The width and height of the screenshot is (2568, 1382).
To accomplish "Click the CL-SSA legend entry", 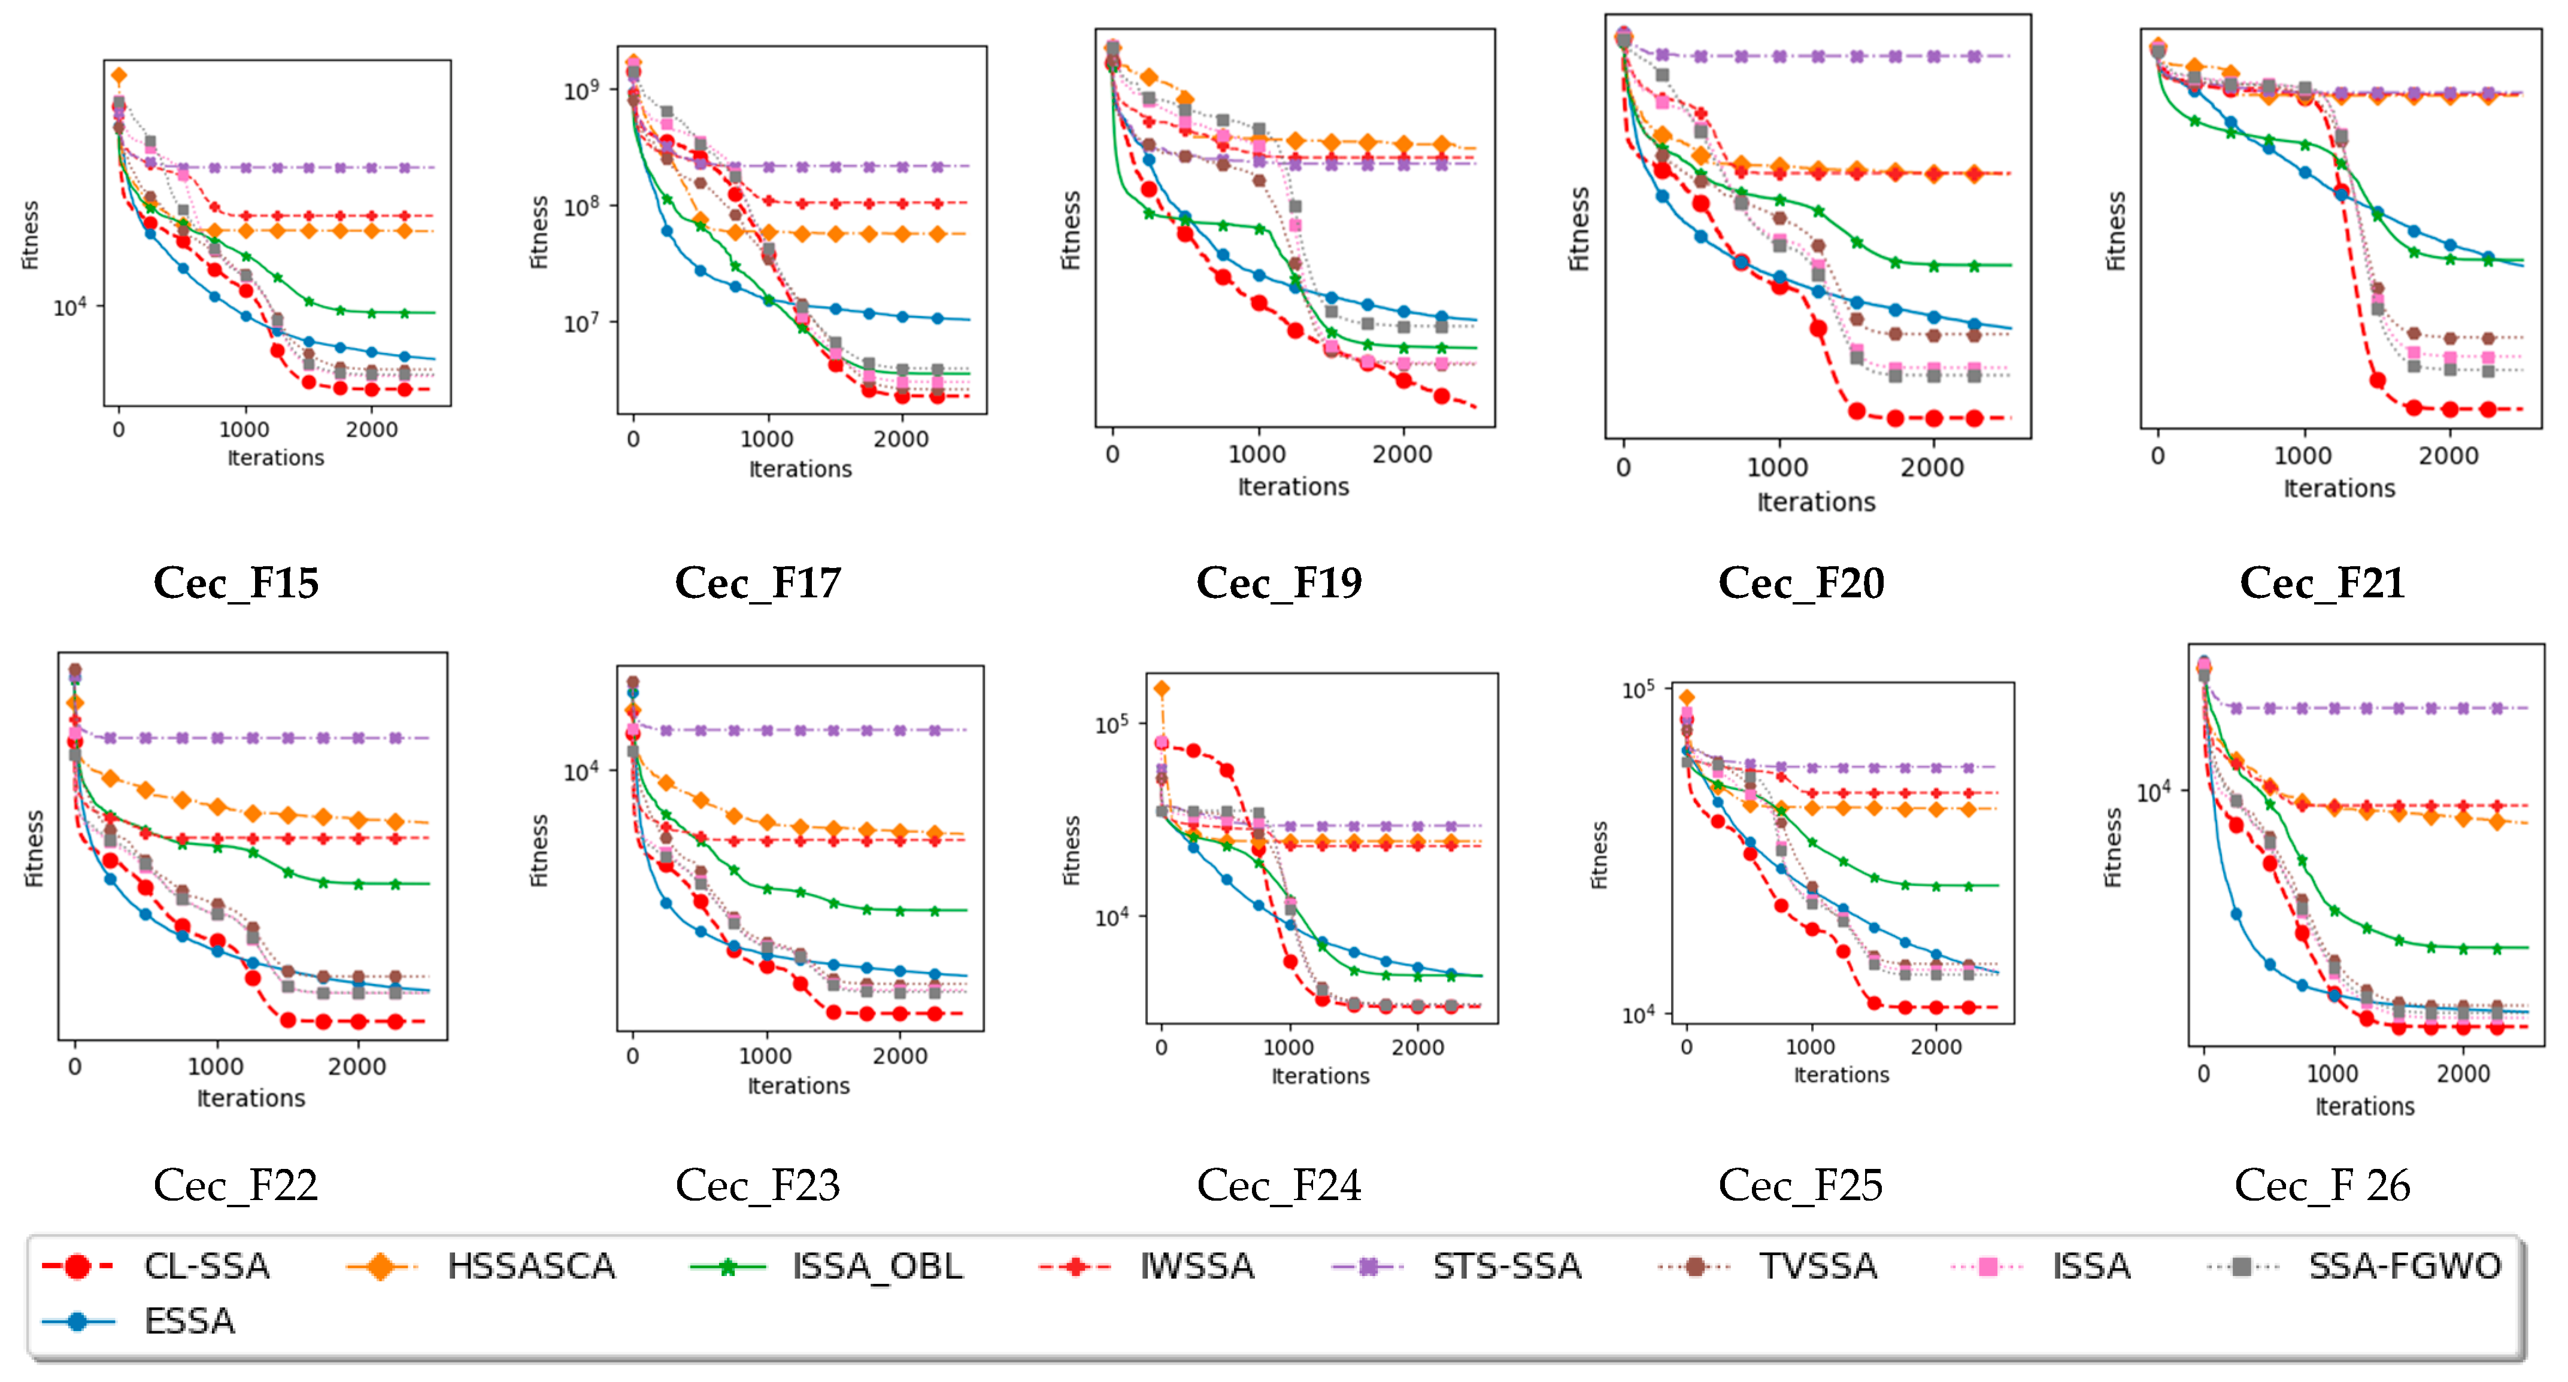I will tap(207, 1266).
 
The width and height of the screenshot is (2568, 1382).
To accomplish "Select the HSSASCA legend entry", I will tap(530, 1266).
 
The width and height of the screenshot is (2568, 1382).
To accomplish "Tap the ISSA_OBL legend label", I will tap(877, 1266).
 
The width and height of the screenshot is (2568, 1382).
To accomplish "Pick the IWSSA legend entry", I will tap(1196, 1266).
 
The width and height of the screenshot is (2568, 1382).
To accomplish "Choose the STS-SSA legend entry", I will tap(1506, 1266).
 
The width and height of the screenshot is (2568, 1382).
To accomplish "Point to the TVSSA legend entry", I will tap(1817, 1266).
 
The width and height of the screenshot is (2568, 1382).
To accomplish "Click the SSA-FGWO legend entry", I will tap(2403, 1266).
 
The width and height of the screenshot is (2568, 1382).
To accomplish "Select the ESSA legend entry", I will tap(189, 1321).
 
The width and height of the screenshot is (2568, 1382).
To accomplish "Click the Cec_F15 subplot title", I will tap(237, 583).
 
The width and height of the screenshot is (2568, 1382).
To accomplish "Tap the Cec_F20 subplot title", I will tap(1802, 583).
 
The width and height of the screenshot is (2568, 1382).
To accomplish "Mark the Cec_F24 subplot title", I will tap(1279, 1186).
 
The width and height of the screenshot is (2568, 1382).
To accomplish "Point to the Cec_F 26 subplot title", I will tap(2322, 1186).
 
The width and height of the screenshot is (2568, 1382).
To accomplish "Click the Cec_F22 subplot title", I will tap(237, 1186).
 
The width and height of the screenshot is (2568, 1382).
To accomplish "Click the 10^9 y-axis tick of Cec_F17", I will tap(581, 90).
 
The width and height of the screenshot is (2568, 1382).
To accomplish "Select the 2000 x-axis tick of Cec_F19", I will tap(1402, 454).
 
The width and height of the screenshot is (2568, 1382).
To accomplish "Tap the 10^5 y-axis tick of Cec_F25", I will tap(1638, 690).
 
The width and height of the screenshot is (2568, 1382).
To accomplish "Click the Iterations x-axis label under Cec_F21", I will tap(2339, 488).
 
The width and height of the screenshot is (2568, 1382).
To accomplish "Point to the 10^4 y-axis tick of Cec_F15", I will tap(70, 307).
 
